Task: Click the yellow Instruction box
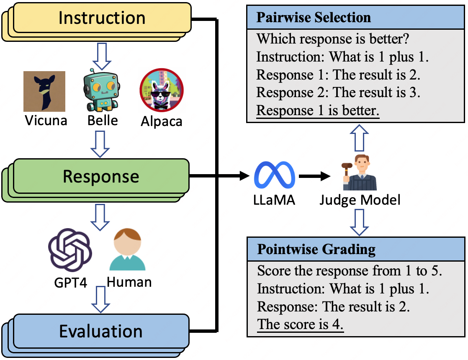[x=102, y=18]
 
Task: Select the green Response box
[x=101, y=176]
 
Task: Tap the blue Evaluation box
[x=101, y=331]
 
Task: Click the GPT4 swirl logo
[x=70, y=250]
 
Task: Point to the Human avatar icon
[x=127, y=249]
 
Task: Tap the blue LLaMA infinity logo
[x=275, y=176]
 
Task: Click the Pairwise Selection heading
[x=314, y=18]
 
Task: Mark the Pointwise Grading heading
[x=316, y=249]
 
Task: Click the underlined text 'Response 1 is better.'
[x=318, y=111]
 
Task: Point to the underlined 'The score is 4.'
[x=300, y=324]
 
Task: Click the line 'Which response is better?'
[x=333, y=39]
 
